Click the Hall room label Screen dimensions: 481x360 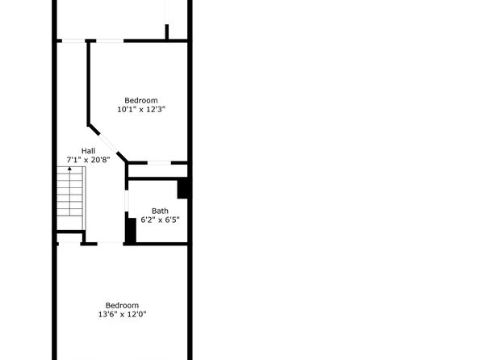pyautogui.click(x=88, y=151)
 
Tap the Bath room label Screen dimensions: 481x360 pyautogui.click(x=160, y=211)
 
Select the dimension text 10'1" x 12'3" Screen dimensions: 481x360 pyautogui.click(x=141, y=109)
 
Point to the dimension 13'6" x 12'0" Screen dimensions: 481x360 pyautogui.click(x=122, y=314)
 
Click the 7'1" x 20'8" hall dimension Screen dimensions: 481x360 pyautogui.click(x=88, y=160)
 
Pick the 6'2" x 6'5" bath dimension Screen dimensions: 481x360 pyautogui.click(x=160, y=220)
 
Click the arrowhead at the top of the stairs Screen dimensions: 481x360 pyautogui.click(x=69, y=169)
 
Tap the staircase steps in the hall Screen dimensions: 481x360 pyautogui.click(x=71, y=199)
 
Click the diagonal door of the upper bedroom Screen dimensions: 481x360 pyautogui.click(x=108, y=143)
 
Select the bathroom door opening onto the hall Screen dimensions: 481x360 pyautogui.click(x=127, y=201)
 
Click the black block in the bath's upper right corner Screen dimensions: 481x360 pyautogui.click(x=182, y=189)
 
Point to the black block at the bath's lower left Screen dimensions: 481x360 pyautogui.click(x=131, y=231)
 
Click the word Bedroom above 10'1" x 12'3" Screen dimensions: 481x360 pyautogui.click(x=141, y=100)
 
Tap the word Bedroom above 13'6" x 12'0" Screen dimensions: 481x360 pyautogui.click(x=122, y=305)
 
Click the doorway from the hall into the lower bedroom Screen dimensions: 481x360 pyautogui.click(x=110, y=244)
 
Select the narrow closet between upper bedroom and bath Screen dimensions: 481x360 pyautogui.click(x=157, y=170)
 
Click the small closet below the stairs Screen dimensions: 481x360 pyautogui.click(x=69, y=238)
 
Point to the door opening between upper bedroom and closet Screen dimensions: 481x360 pyautogui.click(x=159, y=163)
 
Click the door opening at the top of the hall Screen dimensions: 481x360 pyautogui.click(x=73, y=41)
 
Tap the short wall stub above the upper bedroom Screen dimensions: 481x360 pyautogui.click(x=167, y=32)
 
